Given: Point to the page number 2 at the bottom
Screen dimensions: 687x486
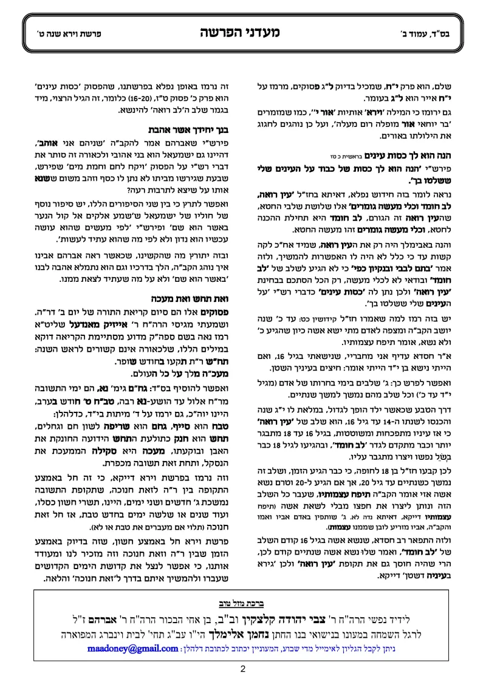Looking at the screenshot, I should pyautogui.click(x=242, y=669).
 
